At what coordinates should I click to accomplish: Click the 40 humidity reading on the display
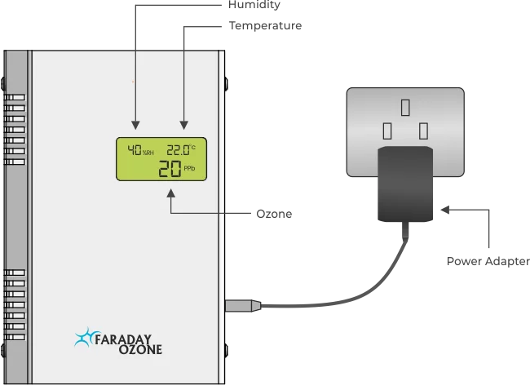click(133, 151)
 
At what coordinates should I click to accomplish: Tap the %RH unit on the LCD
click(148, 153)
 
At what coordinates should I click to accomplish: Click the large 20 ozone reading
click(170, 169)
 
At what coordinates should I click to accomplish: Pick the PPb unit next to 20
click(189, 169)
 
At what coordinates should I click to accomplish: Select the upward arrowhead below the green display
click(171, 193)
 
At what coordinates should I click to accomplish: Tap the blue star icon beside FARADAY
click(83, 337)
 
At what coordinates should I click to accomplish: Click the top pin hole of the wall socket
click(404, 106)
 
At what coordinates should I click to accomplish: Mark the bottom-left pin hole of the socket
click(387, 131)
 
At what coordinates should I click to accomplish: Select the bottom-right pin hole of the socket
click(423, 131)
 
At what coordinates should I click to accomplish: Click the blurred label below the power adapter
click(487, 261)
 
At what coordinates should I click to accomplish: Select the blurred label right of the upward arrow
click(273, 216)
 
